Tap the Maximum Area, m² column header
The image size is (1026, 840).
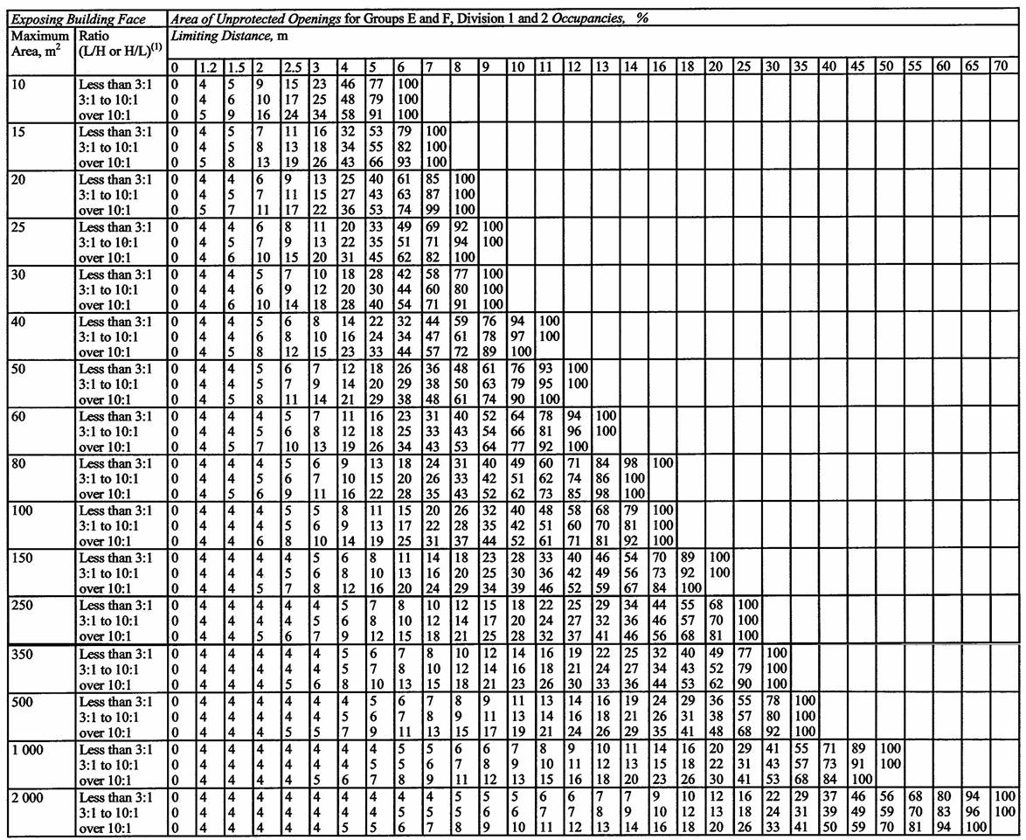(x=40, y=45)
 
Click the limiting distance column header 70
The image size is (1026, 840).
(x=1002, y=67)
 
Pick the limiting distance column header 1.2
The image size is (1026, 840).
(x=206, y=67)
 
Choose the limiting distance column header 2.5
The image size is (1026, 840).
(x=294, y=67)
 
